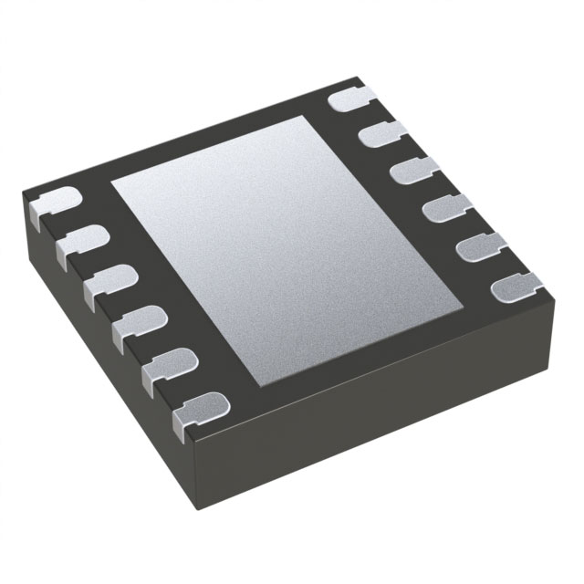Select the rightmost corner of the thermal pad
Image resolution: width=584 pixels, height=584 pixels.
click(x=468, y=307)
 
